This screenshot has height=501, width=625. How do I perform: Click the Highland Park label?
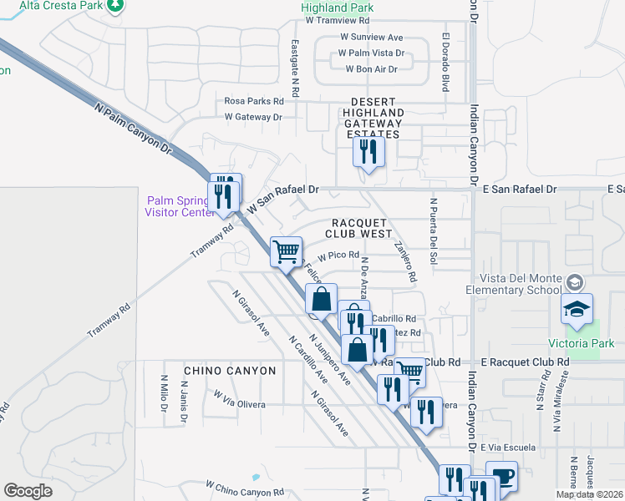[337, 8]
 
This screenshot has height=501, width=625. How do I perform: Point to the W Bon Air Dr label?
[372, 68]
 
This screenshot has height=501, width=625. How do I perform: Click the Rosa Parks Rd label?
[254, 100]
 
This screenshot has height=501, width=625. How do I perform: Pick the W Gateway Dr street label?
[253, 117]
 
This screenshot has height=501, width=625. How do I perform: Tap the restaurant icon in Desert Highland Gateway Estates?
[367, 151]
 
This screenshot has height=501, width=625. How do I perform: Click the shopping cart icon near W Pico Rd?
[286, 250]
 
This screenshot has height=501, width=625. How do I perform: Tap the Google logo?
[28, 490]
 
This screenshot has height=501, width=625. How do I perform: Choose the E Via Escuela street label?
[508, 448]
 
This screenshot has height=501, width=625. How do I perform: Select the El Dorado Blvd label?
[445, 62]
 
